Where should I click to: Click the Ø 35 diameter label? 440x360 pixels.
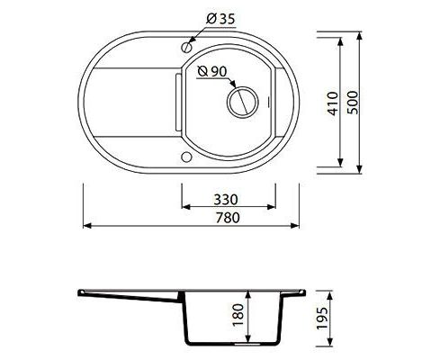220,19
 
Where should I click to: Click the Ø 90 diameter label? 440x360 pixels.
212,71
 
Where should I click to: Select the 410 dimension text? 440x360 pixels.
333,103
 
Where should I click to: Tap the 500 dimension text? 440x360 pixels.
353,103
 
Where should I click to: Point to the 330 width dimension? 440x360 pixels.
226,199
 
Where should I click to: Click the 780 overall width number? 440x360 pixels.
228,218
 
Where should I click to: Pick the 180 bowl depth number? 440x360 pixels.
238,315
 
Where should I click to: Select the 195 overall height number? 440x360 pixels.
322,319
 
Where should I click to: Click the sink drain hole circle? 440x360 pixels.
242,102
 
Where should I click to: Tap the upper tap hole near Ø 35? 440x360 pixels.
186,47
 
